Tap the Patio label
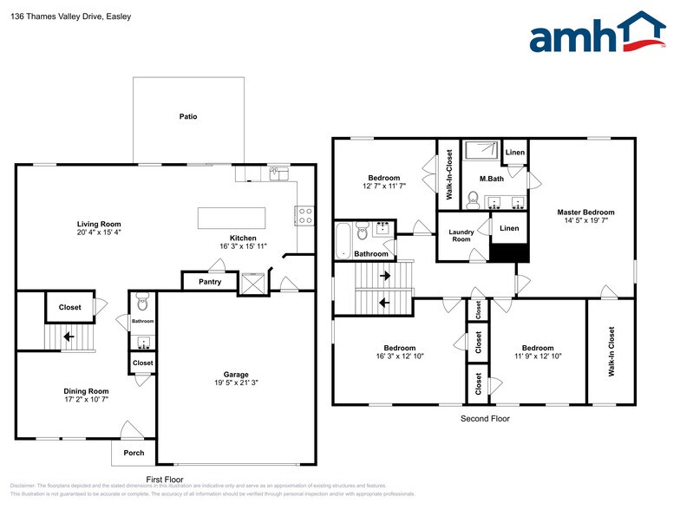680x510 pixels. point(187,116)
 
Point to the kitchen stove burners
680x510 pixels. point(304,215)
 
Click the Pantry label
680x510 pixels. point(210,282)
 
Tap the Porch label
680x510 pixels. point(134,453)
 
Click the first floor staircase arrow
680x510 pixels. point(68,337)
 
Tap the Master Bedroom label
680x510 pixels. point(585,212)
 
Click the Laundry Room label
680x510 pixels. point(461,236)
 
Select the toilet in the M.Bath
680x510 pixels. point(473,201)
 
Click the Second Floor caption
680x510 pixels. point(484,419)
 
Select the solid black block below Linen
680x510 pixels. point(510,252)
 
